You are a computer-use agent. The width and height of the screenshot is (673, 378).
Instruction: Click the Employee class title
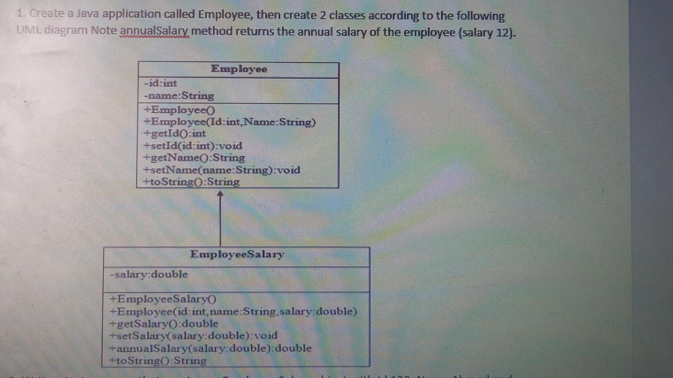point(239,69)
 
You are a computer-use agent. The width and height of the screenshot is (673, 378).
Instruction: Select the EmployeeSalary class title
point(237,254)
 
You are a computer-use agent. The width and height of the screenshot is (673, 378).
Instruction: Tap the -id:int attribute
point(160,83)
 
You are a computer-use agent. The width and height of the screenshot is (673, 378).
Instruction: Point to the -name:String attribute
point(179,96)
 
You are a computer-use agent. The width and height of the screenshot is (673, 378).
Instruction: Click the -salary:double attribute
point(149,274)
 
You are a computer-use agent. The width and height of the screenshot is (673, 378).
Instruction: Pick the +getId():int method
point(175,134)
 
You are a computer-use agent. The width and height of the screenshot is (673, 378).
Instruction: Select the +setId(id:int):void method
point(193,146)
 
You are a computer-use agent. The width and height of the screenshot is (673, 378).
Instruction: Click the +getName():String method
point(194,157)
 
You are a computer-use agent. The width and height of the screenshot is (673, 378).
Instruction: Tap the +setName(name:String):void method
point(222,170)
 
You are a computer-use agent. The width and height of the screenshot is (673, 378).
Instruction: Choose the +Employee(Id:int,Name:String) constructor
point(230,122)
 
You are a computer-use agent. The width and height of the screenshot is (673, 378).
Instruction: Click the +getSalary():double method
point(164,324)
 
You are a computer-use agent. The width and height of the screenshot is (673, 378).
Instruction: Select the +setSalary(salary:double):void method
point(193,336)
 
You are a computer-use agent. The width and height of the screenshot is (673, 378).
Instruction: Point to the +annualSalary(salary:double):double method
point(210,348)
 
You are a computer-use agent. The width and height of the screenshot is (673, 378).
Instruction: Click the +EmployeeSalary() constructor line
point(163,299)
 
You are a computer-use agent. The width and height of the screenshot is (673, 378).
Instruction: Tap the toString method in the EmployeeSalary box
point(158,361)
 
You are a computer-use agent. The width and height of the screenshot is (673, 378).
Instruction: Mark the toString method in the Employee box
point(191,182)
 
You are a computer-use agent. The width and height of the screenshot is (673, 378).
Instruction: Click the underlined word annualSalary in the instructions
point(154,32)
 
